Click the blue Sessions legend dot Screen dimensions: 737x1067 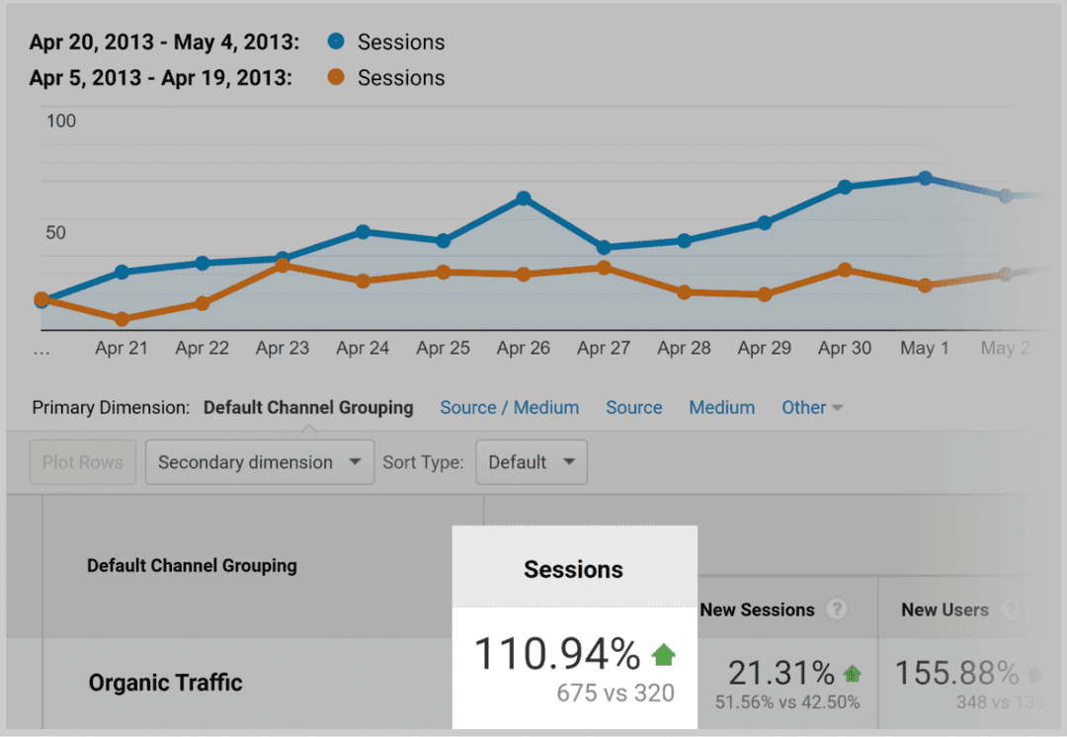pos(337,42)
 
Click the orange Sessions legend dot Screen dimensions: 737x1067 pos(337,77)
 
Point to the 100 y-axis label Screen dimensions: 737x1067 pos(61,122)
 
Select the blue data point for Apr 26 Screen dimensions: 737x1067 pos(524,199)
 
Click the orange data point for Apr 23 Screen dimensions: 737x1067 pos(283,265)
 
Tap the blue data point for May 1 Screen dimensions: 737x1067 pos(925,179)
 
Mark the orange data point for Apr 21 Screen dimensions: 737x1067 pos(122,319)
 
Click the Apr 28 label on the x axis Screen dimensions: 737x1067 pos(684,348)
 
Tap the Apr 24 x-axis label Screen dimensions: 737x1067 pos(363,348)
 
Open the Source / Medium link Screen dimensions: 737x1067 pos(510,407)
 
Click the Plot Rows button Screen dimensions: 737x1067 pos(83,462)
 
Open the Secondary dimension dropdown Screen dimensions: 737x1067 pos(259,462)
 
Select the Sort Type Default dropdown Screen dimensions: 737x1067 pos(531,462)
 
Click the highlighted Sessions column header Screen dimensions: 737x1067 pos(574,569)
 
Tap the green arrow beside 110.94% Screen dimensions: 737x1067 pos(664,653)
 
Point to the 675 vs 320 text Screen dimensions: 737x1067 pos(615,693)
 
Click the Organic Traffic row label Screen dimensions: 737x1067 pos(166,683)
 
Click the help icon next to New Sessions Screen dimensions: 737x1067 pos(837,610)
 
